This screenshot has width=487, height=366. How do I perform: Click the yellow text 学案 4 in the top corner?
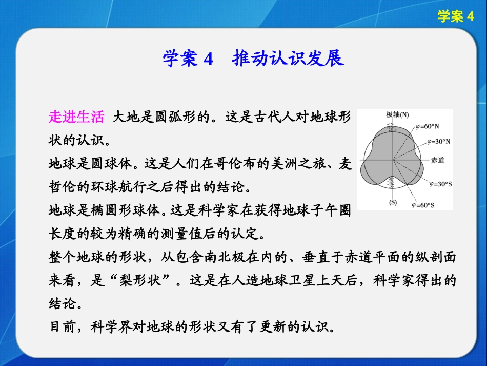(456, 17)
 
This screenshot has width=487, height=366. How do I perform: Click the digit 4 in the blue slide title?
(208, 59)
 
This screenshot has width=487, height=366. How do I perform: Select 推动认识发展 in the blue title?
(288, 59)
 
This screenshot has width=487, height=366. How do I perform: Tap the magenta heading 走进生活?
(76, 118)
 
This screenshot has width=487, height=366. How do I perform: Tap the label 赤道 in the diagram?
(437, 160)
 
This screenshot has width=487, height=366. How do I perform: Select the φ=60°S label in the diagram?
(423, 205)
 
